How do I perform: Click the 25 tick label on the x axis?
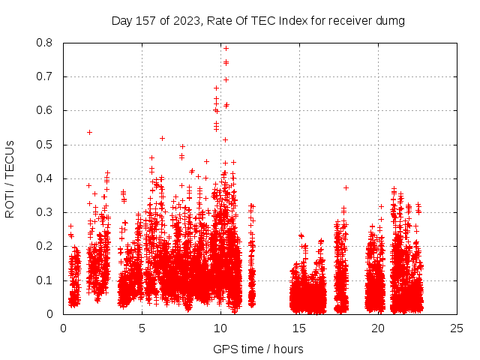pyautogui.click(x=457, y=328)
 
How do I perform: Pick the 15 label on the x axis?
pyautogui.click(x=299, y=328)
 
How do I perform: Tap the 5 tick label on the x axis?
pyautogui.click(x=142, y=328)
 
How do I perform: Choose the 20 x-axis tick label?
pyautogui.click(x=378, y=328)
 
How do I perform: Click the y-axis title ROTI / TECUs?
pyautogui.click(x=10, y=178)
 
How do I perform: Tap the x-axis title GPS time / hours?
pyautogui.click(x=258, y=349)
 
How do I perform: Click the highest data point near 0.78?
pyautogui.click(x=226, y=48)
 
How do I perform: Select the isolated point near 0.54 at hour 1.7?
pyautogui.click(x=89, y=132)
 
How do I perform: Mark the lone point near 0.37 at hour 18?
pyautogui.click(x=346, y=187)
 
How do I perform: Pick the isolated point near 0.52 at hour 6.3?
pyautogui.click(x=162, y=138)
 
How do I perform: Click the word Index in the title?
pyautogui.click(x=293, y=21)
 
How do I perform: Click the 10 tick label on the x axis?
pyautogui.click(x=220, y=328)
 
